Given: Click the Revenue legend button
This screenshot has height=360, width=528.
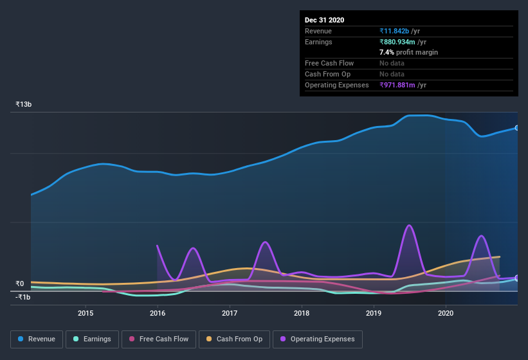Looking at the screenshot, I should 37,339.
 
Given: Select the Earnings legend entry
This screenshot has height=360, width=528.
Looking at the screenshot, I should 91,339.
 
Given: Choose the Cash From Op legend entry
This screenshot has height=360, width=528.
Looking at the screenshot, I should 234,339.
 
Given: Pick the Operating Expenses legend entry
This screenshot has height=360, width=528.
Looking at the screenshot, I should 317,339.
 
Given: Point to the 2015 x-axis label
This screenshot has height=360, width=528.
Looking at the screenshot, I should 86,313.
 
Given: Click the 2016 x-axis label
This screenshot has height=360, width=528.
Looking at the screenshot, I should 158,313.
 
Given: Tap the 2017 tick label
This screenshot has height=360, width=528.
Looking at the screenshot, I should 230,313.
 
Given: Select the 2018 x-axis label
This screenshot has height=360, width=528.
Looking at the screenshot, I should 302,313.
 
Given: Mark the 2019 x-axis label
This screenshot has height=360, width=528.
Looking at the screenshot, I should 374,313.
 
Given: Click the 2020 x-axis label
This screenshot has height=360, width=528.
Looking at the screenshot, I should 446,313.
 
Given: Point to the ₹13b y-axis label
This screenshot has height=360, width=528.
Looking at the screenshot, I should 24,104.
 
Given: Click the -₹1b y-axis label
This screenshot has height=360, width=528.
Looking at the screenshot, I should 23,297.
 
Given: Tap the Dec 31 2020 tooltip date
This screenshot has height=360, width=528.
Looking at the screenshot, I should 324,20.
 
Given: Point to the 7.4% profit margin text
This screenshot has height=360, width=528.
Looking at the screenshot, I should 408,52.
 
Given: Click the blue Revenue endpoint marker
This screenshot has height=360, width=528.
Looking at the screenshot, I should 517,128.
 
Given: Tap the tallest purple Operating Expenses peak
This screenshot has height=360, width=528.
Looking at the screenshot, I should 408,226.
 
